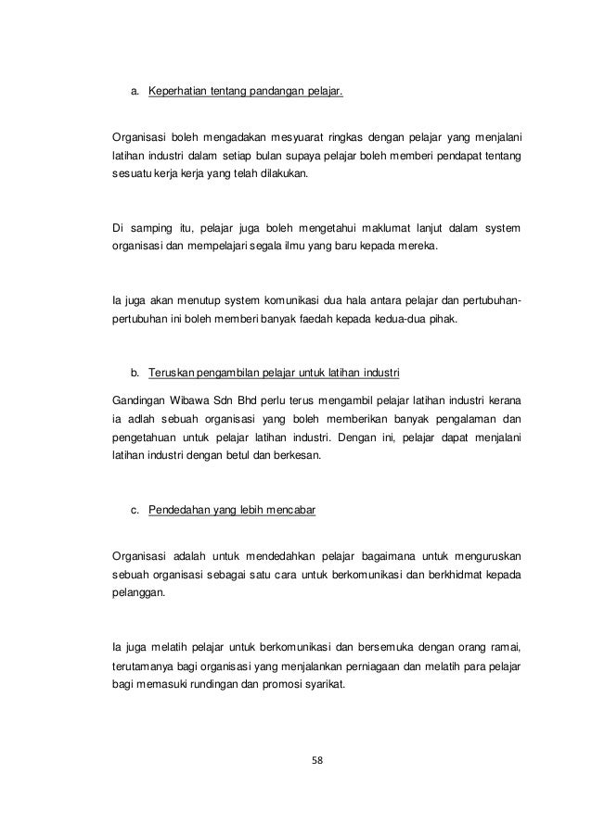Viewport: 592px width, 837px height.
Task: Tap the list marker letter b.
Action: pyautogui.click(x=135, y=374)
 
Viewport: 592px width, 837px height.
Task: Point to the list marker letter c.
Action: pyautogui.click(x=135, y=508)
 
